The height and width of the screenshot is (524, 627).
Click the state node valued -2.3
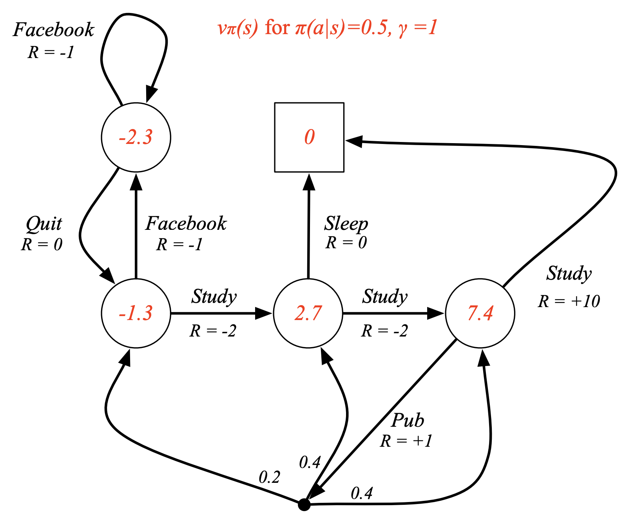[x=136, y=137]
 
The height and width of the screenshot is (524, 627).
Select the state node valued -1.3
[x=136, y=313]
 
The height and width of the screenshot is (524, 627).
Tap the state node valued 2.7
[x=308, y=313]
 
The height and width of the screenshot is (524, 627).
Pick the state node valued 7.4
[x=480, y=313]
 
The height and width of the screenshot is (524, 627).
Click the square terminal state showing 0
[x=309, y=137]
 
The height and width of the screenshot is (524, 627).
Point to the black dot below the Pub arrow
[x=304, y=504]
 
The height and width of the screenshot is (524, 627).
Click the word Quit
[x=44, y=224]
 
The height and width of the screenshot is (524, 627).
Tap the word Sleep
[x=346, y=224]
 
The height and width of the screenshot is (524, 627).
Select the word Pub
[x=408, y=420]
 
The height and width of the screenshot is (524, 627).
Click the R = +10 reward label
[x=569, y=301]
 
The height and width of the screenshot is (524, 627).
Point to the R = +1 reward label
[x=406, y=441]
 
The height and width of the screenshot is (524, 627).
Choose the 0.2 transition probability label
[x=270, y=477]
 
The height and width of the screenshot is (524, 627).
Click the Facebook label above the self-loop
[x=54, y=30]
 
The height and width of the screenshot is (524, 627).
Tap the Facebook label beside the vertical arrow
[x=186, y=224]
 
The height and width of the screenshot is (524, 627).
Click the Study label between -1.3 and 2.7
[x=214, y=297]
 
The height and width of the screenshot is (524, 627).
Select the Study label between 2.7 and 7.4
[x=385, y=297]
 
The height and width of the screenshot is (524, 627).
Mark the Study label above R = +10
[x=569, y=273]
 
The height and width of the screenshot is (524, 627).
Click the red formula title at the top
[x=328, y=28]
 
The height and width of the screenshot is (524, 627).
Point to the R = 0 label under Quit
[x=42, y=244]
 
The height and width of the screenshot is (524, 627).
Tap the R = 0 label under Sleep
[x=346, y=243]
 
